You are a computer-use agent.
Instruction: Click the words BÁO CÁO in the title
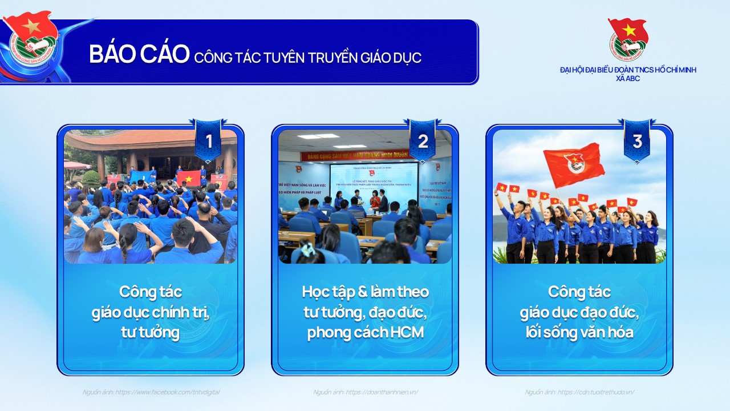tap(139, 54)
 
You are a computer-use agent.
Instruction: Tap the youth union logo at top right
tap(627, 39)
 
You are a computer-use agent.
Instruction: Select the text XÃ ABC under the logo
tap(627, 79)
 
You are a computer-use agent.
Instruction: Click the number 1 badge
tap(208, 141)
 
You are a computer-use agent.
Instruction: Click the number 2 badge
tap(423, 141)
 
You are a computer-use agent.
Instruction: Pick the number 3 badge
tap(637, 141)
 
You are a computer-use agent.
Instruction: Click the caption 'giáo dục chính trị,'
tap(151, 312)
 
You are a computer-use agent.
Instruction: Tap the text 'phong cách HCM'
tap(365, 333)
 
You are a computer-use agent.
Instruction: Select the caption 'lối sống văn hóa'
tap(579, 333)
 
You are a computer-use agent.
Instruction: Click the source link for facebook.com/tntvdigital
tap(151, 392)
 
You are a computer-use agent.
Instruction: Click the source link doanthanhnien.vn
tap(366, 392)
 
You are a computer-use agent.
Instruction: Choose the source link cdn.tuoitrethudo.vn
tap(579, 392)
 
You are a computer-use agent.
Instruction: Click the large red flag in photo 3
tap(574, 164)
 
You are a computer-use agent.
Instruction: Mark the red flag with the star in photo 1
tap(188, 178)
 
